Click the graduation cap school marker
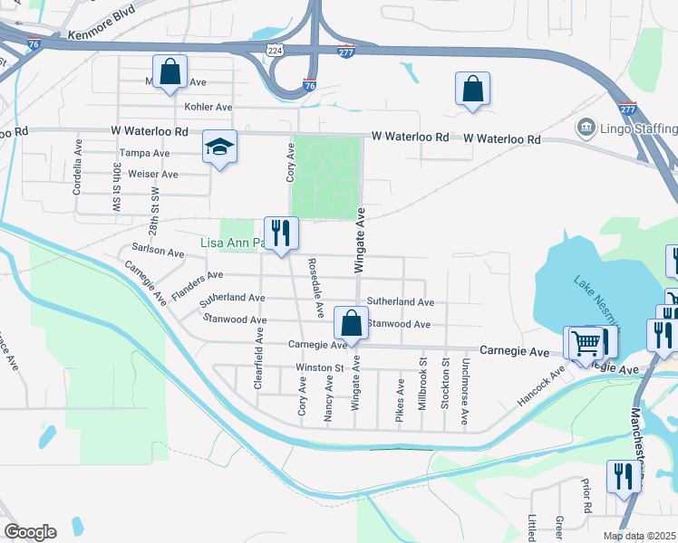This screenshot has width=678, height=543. point(219,148)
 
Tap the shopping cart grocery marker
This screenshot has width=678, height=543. point(586,342)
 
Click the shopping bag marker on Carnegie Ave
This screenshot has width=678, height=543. point(351,323)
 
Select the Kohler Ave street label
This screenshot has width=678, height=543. point(208,107)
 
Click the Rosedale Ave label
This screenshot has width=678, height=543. point(316,288)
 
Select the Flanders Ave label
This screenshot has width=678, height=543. point(197,274)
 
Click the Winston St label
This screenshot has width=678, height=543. point(320,368)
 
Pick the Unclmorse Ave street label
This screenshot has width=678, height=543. point(465,402)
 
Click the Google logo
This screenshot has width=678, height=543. point(30,532)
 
